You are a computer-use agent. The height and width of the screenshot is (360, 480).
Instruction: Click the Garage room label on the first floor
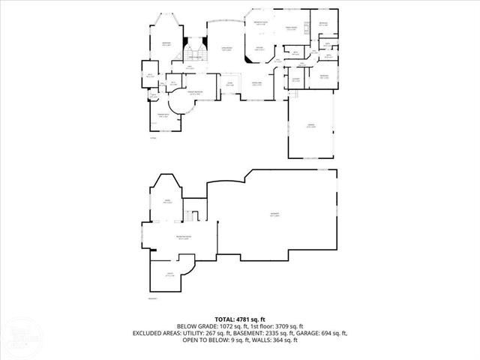coord(310,125)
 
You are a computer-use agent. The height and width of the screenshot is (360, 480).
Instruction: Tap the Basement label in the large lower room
coord(274,215)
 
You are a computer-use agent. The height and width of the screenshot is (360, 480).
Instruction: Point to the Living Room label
coord(225,49)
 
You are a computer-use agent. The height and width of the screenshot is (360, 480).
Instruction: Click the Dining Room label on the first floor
coord(256,84)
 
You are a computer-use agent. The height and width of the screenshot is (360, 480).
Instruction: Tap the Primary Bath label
coord(162,116)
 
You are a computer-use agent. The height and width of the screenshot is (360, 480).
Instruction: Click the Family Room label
coord(289,28)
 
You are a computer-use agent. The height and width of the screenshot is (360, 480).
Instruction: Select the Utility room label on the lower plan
coord(170,275)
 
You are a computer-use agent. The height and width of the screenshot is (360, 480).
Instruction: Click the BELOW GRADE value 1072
coord(229,326)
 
